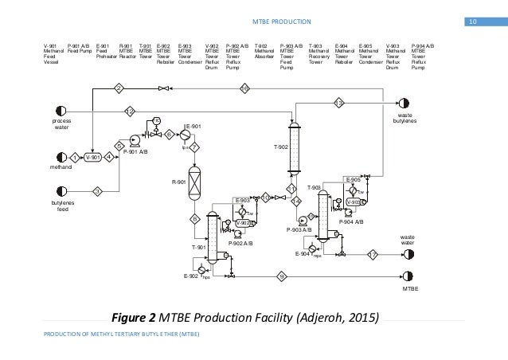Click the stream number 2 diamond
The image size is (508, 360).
coord(119,87)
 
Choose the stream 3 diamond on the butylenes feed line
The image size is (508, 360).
coord(97,191)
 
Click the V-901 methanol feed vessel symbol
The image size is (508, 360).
coord(92,157)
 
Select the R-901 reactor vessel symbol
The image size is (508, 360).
coord(193,181)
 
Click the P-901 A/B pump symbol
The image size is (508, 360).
coord(134,140)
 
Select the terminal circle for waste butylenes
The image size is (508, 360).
coord(404,104)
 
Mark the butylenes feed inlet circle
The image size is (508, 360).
coord(61,191)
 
